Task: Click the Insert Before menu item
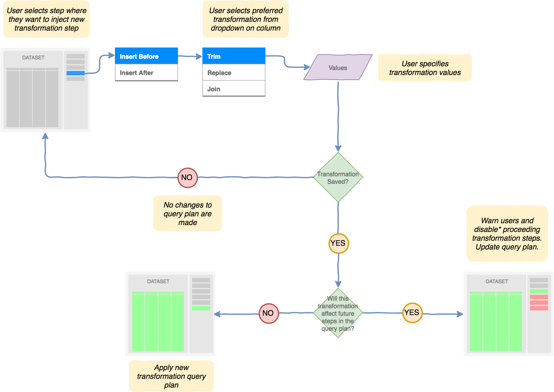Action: point(146,56)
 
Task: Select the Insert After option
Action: point(146,73)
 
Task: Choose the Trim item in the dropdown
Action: point(234,56)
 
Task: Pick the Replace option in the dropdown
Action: point(234,73)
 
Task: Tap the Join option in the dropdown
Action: point(234,89)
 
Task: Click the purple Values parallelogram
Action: point(338,68)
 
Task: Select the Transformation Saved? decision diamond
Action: point(338,178)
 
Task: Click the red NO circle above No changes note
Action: point(187,178)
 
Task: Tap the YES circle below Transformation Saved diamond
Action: point(339,243)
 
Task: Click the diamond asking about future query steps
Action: point(338,313)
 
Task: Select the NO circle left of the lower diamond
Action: point(268,313)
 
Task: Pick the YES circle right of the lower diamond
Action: point(412,313)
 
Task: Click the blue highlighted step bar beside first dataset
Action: point(76,73)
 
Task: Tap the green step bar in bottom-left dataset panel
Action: point(201,308)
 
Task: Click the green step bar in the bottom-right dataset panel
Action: point(539,291)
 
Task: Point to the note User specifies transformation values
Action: point(425,68)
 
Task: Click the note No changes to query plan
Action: point(187,214)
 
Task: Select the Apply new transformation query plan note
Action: point(171,376)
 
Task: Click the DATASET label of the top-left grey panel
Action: point(33,58)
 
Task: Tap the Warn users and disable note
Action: point(507,234)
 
